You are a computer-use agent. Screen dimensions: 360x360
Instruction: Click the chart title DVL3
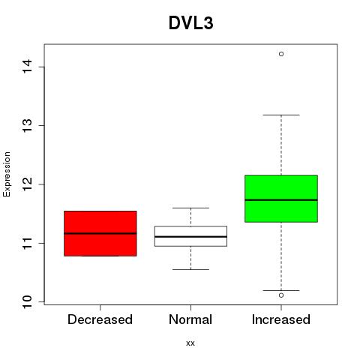pos(191,23)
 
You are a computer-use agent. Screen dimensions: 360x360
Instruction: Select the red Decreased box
pos(100,233)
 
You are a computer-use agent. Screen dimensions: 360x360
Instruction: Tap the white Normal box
pos(190,236)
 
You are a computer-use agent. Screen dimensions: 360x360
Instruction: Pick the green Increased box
pos(281,199)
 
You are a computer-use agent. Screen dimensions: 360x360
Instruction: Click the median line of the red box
pos(100,233)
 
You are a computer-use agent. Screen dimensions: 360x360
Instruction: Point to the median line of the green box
pos(281,200)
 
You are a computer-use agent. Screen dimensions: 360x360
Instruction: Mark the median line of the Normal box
pos(190,236)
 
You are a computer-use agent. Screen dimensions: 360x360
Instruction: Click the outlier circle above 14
pos(281,54)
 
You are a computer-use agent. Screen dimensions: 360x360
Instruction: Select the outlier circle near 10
pos(281,295)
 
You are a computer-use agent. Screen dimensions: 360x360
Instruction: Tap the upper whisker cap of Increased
pos(281,115)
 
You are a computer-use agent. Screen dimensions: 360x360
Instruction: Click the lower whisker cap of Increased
pos(281,290)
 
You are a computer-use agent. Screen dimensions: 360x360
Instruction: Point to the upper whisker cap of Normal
pos(190,208)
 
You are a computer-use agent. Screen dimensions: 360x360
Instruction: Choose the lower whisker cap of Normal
pos(190,269)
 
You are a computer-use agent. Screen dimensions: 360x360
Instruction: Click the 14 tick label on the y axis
pos(28,67)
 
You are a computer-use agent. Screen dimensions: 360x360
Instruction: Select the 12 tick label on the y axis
pos(28,184)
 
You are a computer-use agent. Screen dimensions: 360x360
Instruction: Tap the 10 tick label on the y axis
pos(28,301)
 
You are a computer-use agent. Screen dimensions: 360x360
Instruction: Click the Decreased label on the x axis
pos(100,319)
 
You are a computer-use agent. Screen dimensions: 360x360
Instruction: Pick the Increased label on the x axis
pos(281,319)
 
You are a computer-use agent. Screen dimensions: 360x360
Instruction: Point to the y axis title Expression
pos(7,174)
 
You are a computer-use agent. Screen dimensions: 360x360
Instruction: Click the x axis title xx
pos(190,343)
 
